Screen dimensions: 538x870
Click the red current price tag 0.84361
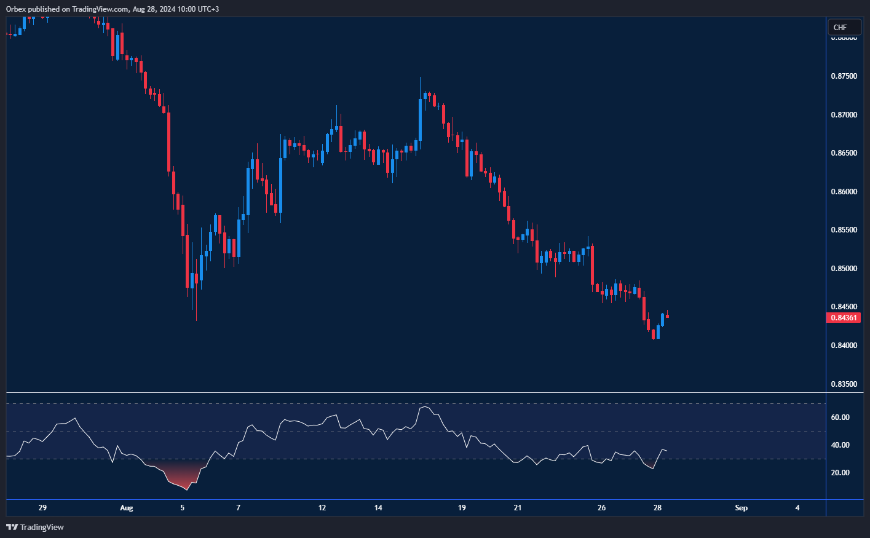tap(844, 317)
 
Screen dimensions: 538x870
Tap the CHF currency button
tap(840, 27)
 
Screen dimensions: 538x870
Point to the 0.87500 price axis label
tap(844, 76)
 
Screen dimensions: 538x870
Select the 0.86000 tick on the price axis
tap(844, 192)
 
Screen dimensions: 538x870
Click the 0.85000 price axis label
tap(844, 269)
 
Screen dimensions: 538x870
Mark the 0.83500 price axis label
tap(844, 384)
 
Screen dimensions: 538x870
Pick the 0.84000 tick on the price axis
tap(844, 346)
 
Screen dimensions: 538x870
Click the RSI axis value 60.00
tap(840, 417)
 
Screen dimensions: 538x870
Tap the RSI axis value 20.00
tap(840, 473)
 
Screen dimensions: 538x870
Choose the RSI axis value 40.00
tap(840, 445)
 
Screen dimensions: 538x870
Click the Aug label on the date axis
tap(126, 508)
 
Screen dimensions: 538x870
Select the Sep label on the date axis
tap(741, 508)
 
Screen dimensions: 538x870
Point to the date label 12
tap(322, 508)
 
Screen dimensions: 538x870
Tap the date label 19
tap(462, 508)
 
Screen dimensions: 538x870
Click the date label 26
tap(601, 508)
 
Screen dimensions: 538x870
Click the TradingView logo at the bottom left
tap(35, 527)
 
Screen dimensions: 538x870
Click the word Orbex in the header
tap(17, 9)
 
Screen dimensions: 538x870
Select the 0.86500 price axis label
tap(844, 153)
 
